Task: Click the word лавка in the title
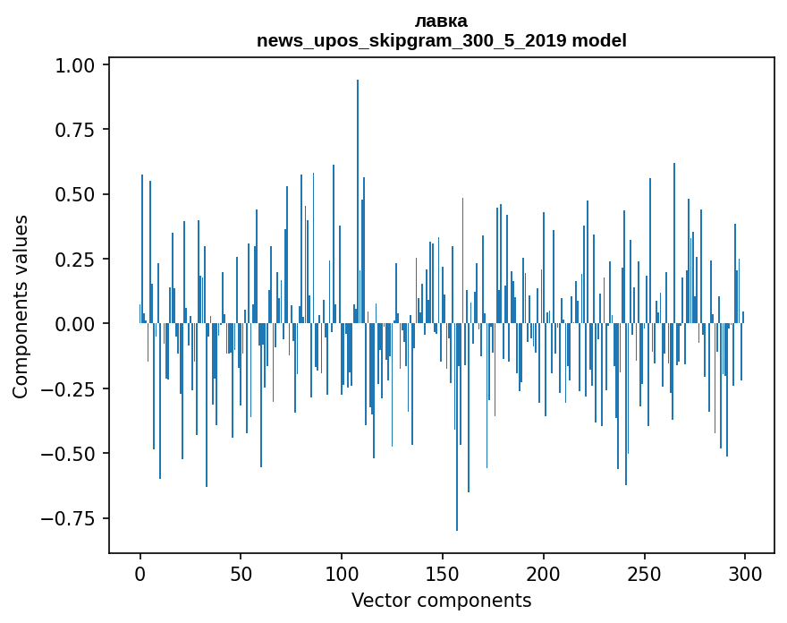pos(441,21)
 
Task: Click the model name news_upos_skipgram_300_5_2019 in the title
pos(412,40)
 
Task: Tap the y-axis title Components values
pos(21,306)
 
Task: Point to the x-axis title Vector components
pos(441,601)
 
